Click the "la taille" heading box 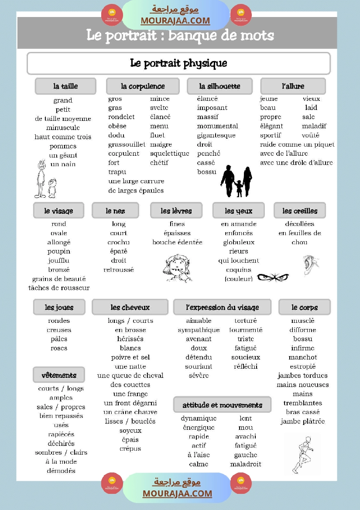pyautogui.click(x=65, y=86)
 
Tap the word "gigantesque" pyautogui.click(x=216, y=135)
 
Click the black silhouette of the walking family pyautogui.click(x=236, y=181)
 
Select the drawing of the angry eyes pyautogui.click(x=273, y=277)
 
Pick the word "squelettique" pyautogui.click(x=169, y=154)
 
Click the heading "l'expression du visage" pyautogui.click(x=222, y=307)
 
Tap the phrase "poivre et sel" pyautogui.click(x=130, y=357)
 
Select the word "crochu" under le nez pyautogui.click(x=119, y=242)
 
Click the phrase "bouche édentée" pyautogui.click(x=177, y=242)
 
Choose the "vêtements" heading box pyautogui.click(x=59, y=375)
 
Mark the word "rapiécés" pyautogui.click(x=61, y=434)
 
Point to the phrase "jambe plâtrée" pyautogui.click(x=303, y=421)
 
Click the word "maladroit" pyautogui.click(x=246, y=464)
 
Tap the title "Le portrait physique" pyautogui.click(x=178, y=63)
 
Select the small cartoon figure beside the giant pyautogui.click(x=52, y=188)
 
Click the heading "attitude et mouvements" pyautogui.click(x=222, y=405)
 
